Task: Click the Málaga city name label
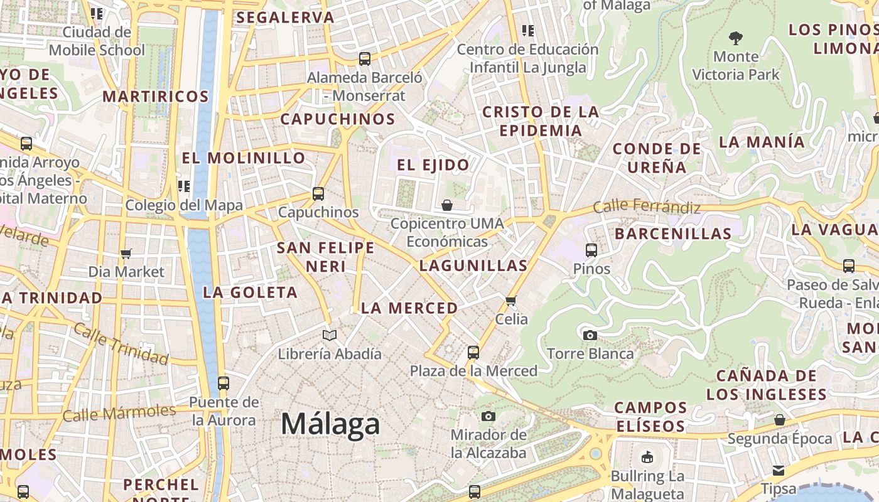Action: pos(330,425)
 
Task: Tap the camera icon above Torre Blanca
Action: pos(590,335)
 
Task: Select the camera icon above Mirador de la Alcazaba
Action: pos(488,416)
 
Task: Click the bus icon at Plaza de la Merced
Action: pos(473,352)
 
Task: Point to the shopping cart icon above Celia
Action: pos(511,300)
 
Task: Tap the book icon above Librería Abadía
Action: pos(330,335)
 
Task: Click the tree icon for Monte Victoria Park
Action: pos(735,38)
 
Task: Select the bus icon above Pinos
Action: pos(591,250)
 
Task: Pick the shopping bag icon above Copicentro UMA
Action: pos(446,205)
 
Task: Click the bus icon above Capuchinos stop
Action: pos(318,194)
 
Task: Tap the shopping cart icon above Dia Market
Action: pos(126,254)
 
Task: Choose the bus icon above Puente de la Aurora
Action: pos(223,383)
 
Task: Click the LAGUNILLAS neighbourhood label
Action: pos(473,265)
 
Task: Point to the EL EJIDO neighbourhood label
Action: pos(433,165)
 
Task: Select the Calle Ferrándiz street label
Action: pos(647,206)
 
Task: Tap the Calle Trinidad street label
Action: pos(121,343)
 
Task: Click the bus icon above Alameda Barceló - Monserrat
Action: pos(365,59)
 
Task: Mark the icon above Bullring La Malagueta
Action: pos(647,457)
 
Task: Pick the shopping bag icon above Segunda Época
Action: pos(779,420)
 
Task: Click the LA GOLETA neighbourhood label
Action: pos(250,292)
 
